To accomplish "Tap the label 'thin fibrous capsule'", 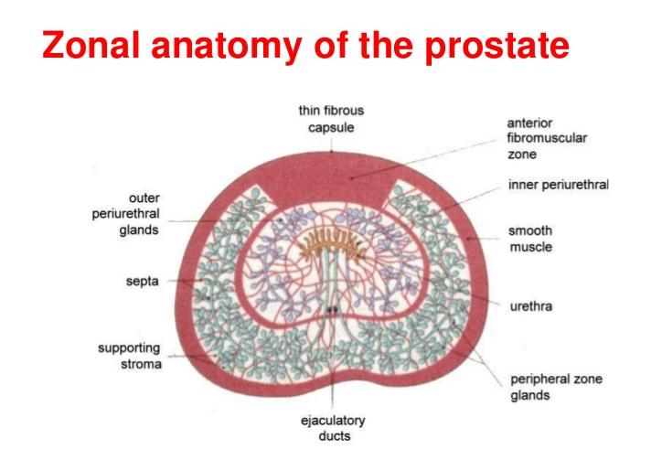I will point(331,118).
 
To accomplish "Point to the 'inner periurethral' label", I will point(558,185).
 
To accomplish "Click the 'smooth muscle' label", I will point(530,240).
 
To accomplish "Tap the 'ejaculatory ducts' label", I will point(333,428).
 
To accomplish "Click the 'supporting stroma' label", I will point(130,356).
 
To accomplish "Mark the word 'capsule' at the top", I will point(331,126).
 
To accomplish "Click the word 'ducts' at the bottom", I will point(333,436).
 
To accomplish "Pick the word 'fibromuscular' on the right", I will point(547,137).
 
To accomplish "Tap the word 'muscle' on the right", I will point(530,248).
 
